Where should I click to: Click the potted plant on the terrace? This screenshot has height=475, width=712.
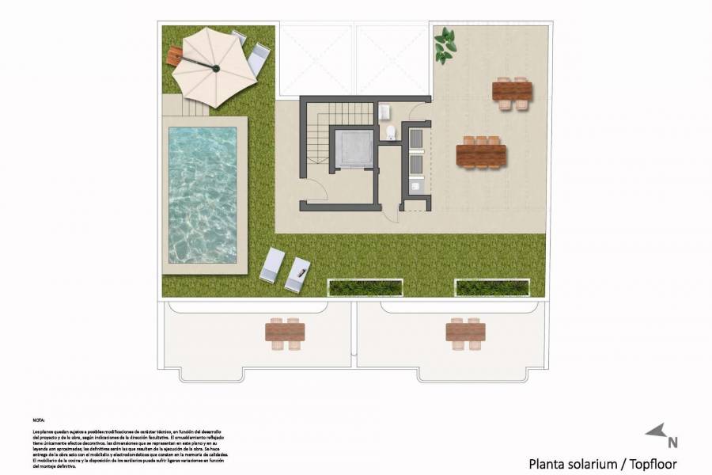tap(445, 45)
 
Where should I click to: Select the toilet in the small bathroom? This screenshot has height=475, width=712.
tap(391, 131)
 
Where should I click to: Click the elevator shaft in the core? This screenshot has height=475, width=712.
tap(350, 148)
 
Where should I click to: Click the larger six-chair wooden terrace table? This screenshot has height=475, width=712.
tap(481, 153)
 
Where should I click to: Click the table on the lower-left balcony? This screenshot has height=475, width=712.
tap(285, 333)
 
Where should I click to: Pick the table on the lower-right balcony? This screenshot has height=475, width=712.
tap(465, 333)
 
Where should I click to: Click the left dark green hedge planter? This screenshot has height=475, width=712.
tap(365, 287)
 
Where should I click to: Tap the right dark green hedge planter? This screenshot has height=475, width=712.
tap(491, 287)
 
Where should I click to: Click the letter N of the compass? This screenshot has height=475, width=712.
tap(672, 443)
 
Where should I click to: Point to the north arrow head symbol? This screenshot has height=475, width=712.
tap(656, 431)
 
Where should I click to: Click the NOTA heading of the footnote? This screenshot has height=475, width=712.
tap(39, 420)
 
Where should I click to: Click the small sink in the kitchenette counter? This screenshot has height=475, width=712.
tap(416, 185)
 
